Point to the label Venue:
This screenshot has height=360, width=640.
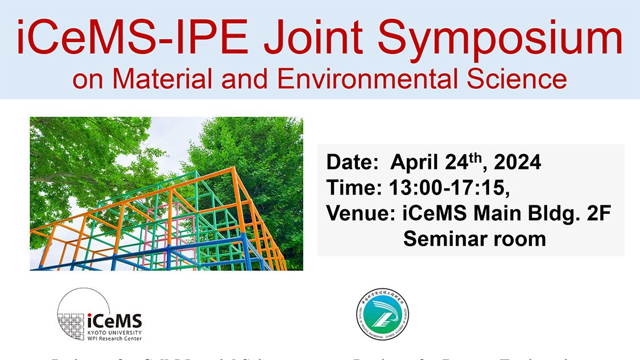point(360,213)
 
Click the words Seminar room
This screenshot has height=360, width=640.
point(474,238)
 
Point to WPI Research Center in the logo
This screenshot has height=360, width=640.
point(114,338)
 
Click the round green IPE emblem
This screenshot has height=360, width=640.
point(383,315)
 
